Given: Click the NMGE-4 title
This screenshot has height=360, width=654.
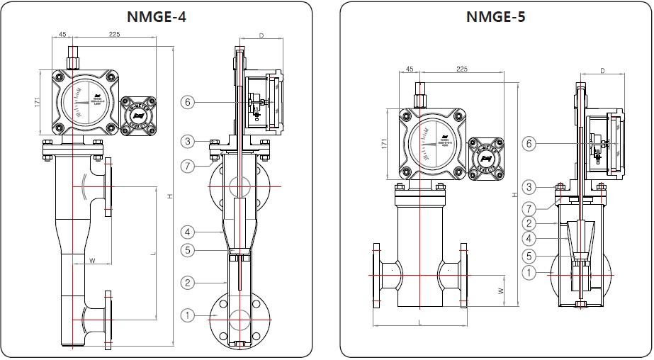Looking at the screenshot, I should click(x=156, y=16).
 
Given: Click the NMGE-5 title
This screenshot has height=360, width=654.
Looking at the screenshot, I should click(x=496, y=16).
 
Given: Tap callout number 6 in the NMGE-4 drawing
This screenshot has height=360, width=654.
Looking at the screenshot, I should click(x=187, y=102).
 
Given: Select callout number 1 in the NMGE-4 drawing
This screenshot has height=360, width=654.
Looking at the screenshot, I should click(x=187, y=315).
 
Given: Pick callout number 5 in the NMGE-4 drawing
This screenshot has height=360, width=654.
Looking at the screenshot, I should click(x=187, y=249).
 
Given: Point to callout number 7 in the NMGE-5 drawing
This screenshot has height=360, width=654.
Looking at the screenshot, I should click(x=528, y=208).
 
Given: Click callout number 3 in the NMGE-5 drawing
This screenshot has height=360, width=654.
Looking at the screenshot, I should click(x=528, y=187).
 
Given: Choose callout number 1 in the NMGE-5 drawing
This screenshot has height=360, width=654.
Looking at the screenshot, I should click(x=528, y=272).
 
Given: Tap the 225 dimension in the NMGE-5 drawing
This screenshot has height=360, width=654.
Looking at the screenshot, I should click(x=462, y=69).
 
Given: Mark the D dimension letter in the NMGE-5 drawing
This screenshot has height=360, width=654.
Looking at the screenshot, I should click(x=602, y=71).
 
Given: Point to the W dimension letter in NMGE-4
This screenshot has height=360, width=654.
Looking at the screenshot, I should click(x=91, y=261).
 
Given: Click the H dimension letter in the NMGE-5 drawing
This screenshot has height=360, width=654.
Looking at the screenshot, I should click(x=513, y=195).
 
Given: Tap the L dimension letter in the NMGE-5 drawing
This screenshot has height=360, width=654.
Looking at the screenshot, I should click(x=420, y=322).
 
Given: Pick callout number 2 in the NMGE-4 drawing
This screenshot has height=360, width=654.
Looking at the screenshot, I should click(x=187, y=283).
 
